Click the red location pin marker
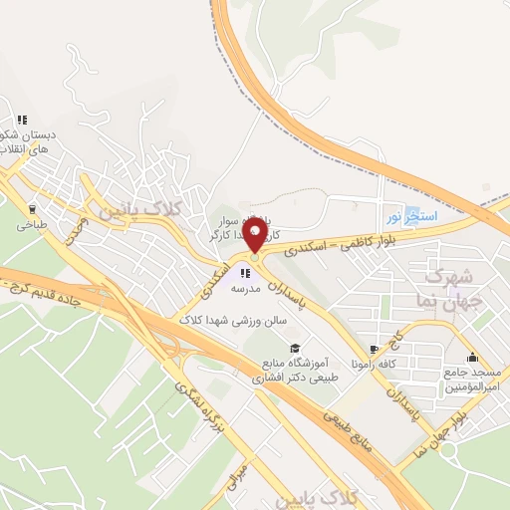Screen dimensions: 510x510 click(256, 237)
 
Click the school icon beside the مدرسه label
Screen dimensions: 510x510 click(245, 272)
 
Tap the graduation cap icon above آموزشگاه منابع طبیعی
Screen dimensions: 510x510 click(295, 348)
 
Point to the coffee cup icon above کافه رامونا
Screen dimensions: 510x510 click(375, 350)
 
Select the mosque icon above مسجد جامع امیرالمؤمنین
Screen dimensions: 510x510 click(472, 357)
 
